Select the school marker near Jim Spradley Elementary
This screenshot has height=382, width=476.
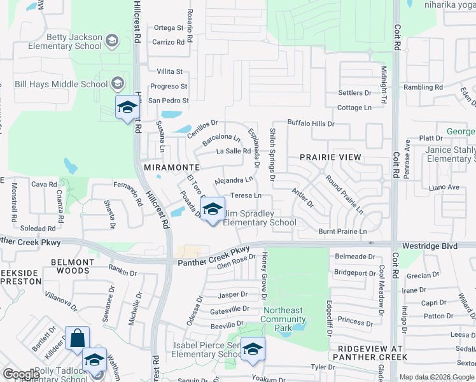click(x=213, y=209)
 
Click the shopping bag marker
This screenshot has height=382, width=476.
click(x=77, y=338)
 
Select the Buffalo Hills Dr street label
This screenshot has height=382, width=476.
click(x=311, y=123)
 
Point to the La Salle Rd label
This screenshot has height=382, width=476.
click(x=234, y=151)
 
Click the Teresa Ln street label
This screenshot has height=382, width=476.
click(x=246, y=195)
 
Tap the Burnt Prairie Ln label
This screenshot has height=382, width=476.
click(x=342, y=231)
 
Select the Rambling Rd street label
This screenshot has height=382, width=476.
click(x=423, y=87)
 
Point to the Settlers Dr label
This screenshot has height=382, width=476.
click(x=354, y=93)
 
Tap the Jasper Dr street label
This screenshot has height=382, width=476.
click(x=232, y=295)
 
